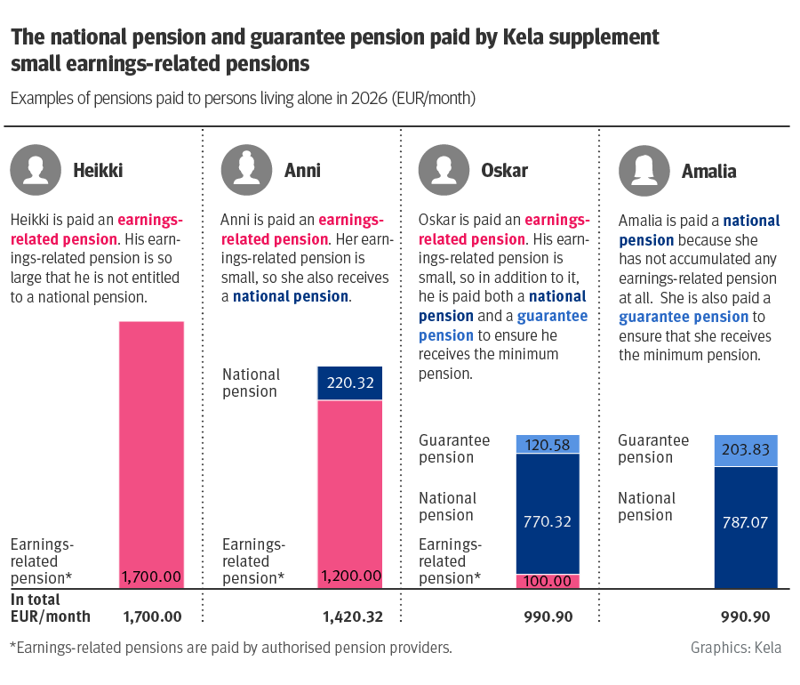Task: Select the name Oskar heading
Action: pos(504,171)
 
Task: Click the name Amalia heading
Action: pos(708,171)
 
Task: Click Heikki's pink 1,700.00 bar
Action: pos(151,445)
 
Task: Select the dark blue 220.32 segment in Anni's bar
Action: pos(349,383)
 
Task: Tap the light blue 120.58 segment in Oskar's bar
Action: pos(547,444)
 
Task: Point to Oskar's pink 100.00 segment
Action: pos(547,581)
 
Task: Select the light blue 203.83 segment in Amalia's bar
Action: pos(746,450)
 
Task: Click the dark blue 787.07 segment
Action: pos(746,525)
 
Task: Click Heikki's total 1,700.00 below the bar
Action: pos(152,616)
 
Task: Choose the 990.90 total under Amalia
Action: pos(745,616)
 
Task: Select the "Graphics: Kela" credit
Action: pos(736,648)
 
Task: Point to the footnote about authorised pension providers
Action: pos(231,648)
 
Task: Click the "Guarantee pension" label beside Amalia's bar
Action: pos(653,449)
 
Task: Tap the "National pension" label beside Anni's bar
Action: pos(252,383)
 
